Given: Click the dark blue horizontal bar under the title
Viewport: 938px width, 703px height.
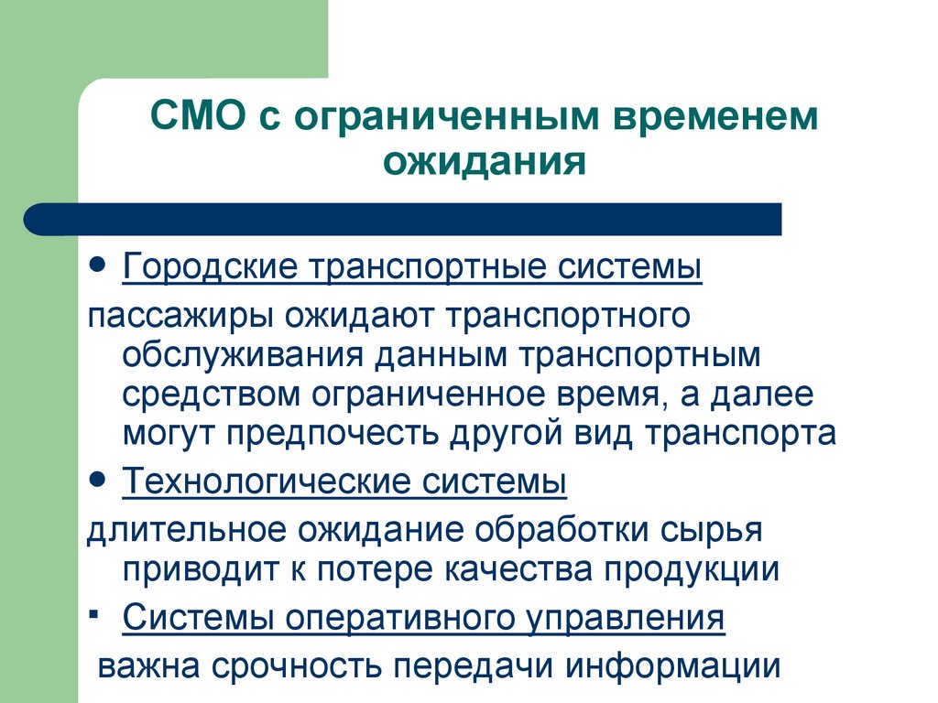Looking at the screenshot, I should [x=403, y=220].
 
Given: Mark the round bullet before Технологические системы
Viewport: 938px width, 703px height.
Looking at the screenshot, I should [x=100, y=478].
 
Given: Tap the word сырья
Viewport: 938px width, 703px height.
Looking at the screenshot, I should [x=714, y=530].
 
